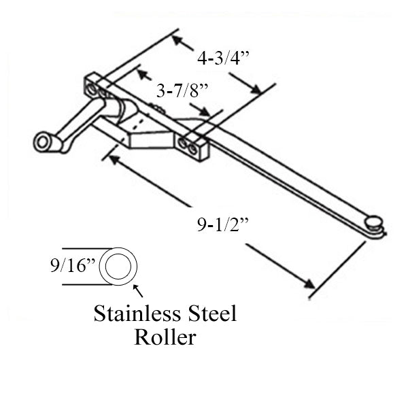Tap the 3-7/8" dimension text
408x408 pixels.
click(x=182, y=89)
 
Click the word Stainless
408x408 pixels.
click(x=128, y=314)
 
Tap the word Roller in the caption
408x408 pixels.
click(x=165, y=337)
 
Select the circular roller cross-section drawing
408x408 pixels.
click(x=118, y=266)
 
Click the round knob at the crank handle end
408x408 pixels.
click(x=43, y=143)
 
